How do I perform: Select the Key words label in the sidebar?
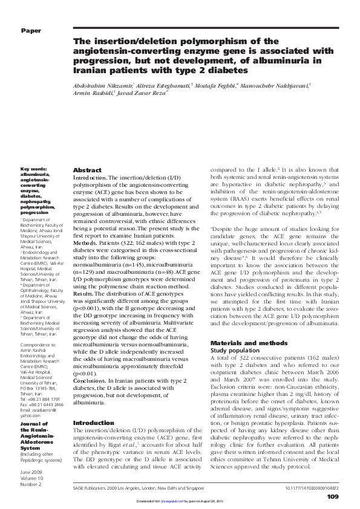[x=33, y=169]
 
